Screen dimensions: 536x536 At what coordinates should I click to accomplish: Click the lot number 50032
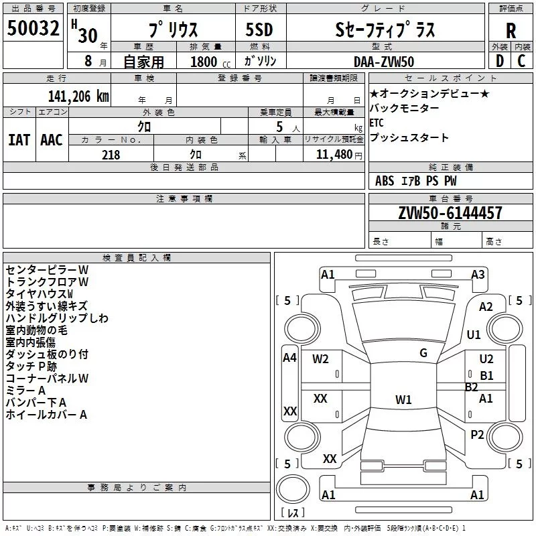33,29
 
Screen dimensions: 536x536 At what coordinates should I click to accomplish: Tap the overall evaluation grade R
511,31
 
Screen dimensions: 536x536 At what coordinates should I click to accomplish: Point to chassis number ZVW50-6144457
440,213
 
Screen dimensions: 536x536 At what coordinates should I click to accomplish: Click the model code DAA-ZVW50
384,62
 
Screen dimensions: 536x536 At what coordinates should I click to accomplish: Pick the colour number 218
111,155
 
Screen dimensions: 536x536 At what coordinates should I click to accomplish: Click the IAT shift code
18,140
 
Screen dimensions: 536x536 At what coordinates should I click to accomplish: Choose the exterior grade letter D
499,62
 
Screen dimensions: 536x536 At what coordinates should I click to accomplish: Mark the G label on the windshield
423,353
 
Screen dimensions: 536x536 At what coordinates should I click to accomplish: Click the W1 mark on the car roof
403,400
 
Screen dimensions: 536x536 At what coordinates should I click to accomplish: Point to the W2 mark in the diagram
321,358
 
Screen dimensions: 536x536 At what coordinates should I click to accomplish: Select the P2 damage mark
477,435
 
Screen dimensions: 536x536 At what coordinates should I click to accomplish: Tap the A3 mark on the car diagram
478,274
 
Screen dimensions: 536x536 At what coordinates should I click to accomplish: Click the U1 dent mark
474,334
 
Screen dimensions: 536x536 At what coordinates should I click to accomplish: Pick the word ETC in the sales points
377,123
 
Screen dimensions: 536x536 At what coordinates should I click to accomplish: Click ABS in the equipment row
385,181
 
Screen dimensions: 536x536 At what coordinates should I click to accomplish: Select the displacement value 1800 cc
210,62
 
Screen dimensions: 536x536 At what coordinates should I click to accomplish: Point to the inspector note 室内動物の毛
36,330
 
